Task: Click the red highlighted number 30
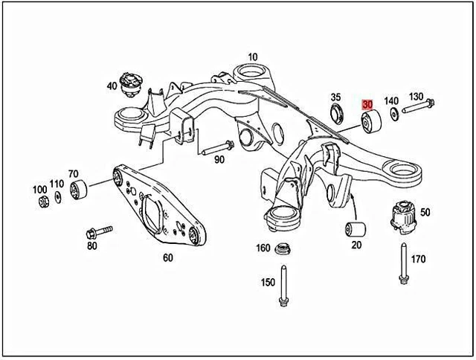click(367, 104)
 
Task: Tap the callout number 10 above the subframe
click(253, 57)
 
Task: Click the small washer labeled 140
click(391, 116)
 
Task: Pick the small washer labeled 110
click(57, 199)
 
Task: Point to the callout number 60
click(167, 258)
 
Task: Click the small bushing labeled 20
click(356, 228)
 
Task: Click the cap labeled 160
click(282, 248)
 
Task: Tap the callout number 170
click(418, 260)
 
